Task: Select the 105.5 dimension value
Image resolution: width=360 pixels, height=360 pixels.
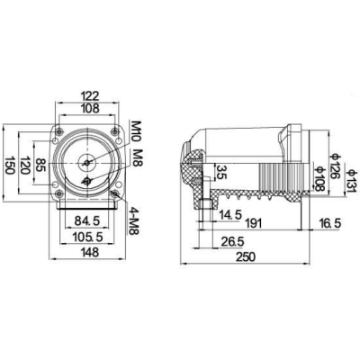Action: pyautogui.click(x=86, y=238)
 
